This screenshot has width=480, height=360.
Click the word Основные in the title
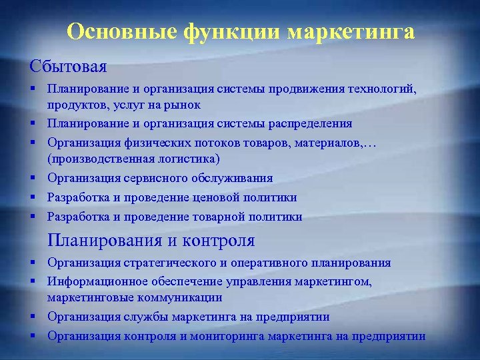click(x=118, y=32)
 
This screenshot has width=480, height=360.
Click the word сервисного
click(x=157, y=178)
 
